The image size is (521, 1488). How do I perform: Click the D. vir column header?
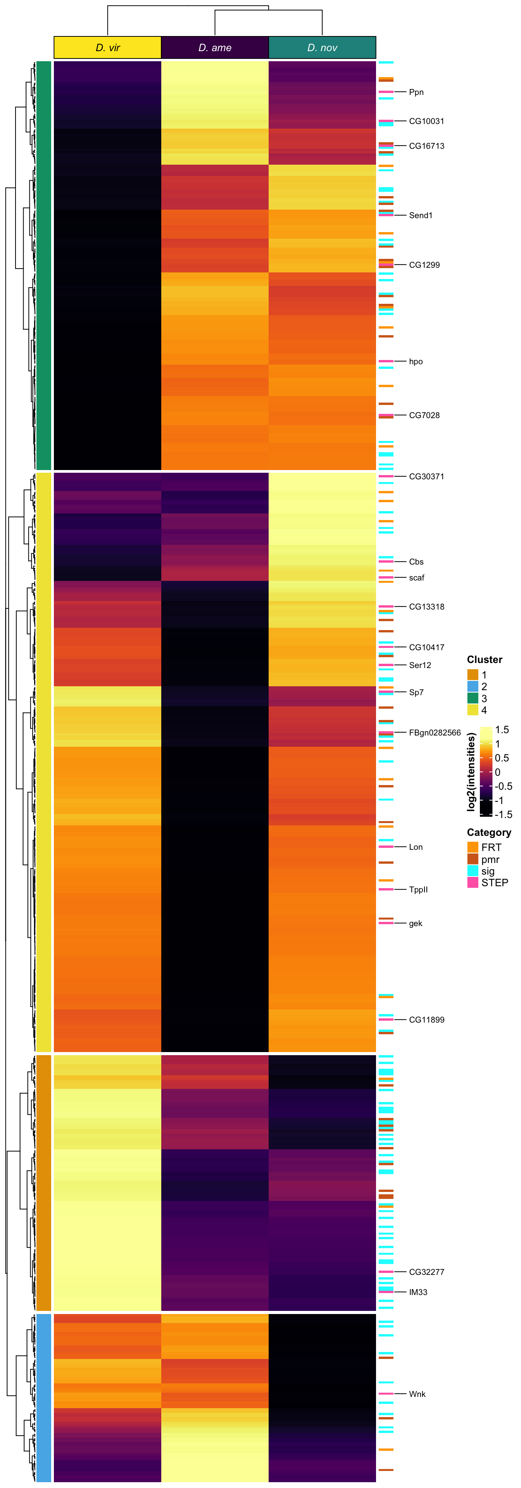pyautogui.click(x=107, y=47)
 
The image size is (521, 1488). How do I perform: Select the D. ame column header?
pyautogui.click(x=215, y=47)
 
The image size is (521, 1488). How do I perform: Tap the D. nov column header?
pyautogui.click(x=322, y=47)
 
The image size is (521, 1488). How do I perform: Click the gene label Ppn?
pyautogui.click(x=416, y=92)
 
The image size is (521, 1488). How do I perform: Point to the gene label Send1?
pyautogui.click(x=421, y=215)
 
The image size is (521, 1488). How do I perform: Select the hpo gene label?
pyautogui.click(x=415, y=362)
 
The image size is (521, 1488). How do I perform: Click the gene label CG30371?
pyautogui.click(x=426, y=477)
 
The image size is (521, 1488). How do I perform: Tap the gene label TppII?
pyautogui.click(x=418, y=890)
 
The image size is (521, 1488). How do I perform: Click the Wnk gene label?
pyautogui.click(x=417, y=1394)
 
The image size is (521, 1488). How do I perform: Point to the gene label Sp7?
pyautogui.click(x=416, y=692)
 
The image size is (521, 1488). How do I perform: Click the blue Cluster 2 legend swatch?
pyautogui.click(x=473, y=686)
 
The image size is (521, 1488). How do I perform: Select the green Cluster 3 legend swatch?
pyautogui.click(x=473, y=698)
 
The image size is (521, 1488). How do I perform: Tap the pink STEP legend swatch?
pyautogui.click(x=473, y=883)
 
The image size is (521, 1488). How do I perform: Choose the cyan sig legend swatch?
pyautogui.click(x=473, y=870)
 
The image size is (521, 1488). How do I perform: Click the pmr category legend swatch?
pyautogui.click(x=473, y=859)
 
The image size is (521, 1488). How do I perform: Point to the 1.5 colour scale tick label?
pyautogui.click(x=502, y=730)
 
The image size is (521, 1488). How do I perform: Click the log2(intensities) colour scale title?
pyautogui.click(x=471, y=772)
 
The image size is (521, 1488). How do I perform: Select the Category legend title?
pyautogui.click(x=489, y=832)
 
